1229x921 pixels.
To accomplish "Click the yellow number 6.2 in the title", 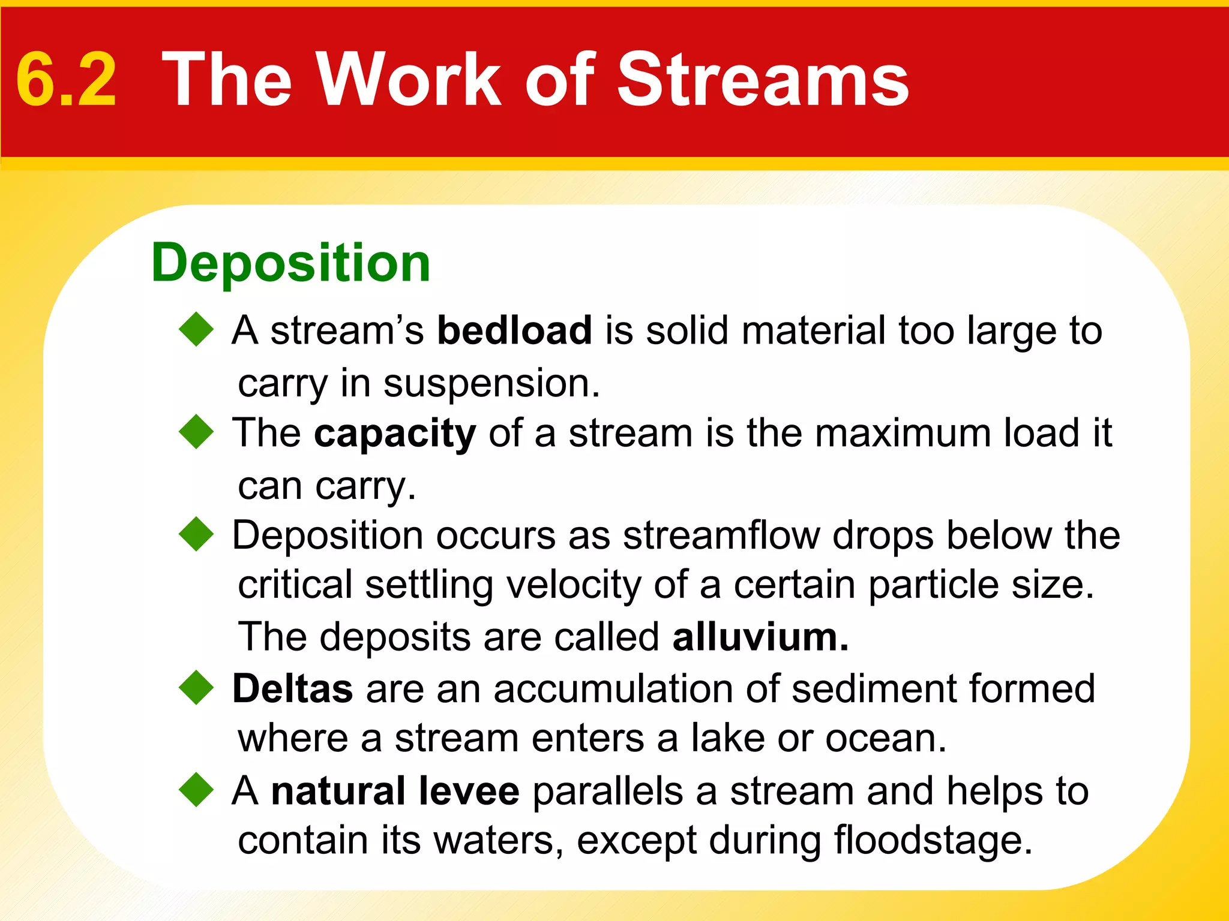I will [x=66, y=80].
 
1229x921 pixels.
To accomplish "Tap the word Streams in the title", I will [x=763, y=80].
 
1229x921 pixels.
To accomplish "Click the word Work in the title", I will [x=408, y=80].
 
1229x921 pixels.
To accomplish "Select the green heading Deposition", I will [x=291, y=263].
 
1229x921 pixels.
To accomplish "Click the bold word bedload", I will [x=514, y=330].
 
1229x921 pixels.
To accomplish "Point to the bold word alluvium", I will [x=760, y=637].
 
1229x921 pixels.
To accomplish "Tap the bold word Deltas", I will [x=292, y=688].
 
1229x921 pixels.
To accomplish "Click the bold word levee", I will [x=469, y=791].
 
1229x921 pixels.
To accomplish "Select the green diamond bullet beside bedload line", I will [x=196, y=330].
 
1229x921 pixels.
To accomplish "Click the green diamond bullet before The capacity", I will [x=196, y=432].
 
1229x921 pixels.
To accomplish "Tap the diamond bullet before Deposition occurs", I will [x=196, y=534].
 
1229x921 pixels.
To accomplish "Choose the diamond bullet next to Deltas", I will [x=196, y=688].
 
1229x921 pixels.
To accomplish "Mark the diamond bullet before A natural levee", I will [x=196, y=790].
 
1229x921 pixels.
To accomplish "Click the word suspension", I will [x=491, y=384].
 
